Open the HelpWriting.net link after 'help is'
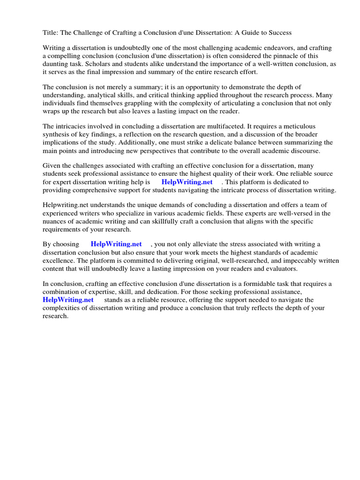pyautogui.click(x=187, y=182)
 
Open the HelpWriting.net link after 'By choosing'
pyautogui.click(x=116, y=244)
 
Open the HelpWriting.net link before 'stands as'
pyautogui.click(x=68, y=300)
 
